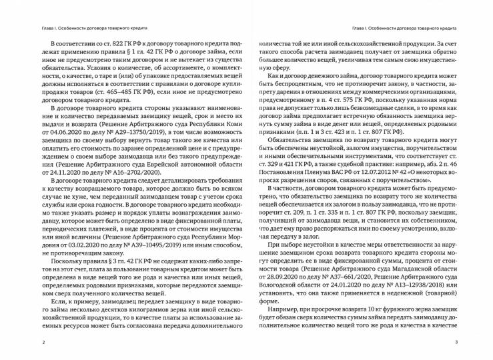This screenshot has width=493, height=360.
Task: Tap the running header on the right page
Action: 403,29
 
